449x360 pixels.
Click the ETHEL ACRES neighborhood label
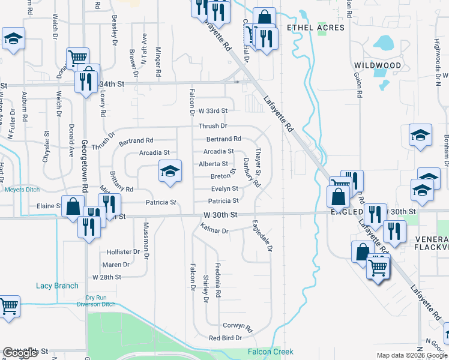pos(316,28)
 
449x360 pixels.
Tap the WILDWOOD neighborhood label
pos(378,65)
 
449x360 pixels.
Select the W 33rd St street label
pos(213,111)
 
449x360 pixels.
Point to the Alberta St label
pos(213,164)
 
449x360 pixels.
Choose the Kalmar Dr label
pos(215,229)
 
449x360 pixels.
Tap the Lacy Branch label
pos(57,286)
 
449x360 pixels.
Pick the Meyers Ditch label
pos(22,190)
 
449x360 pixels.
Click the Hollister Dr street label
pos(122,252)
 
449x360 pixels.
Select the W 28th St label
pos(107,277)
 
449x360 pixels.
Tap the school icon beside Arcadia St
pos(170,171)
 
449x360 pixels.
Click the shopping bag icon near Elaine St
pos(73,206)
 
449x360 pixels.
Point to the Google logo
pos(20,353)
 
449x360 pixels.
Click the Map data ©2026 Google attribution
pos(412,355)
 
